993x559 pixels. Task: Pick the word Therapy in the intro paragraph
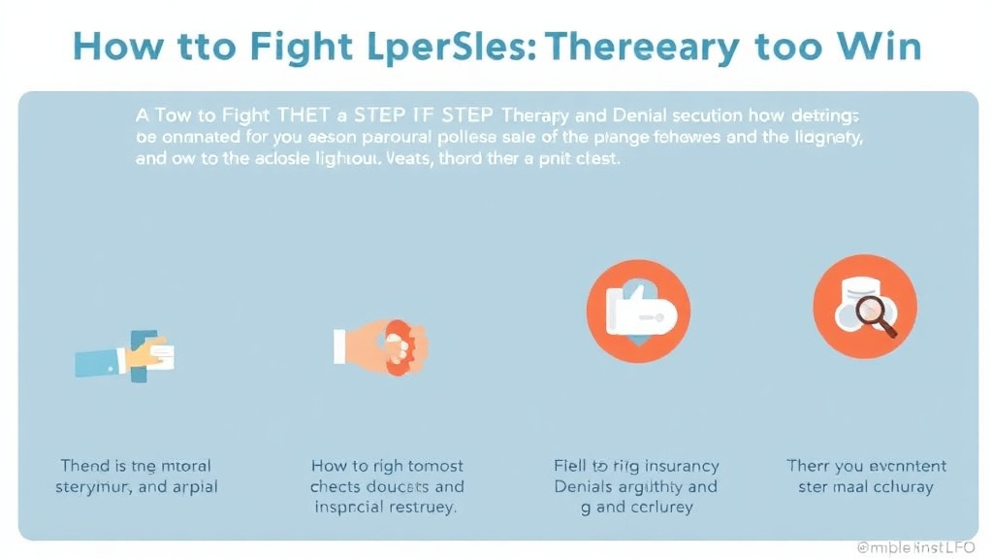530,115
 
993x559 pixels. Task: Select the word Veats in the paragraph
392,160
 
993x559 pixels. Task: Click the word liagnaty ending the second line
822,138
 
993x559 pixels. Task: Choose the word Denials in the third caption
586,487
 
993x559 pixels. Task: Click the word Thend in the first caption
85,466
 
